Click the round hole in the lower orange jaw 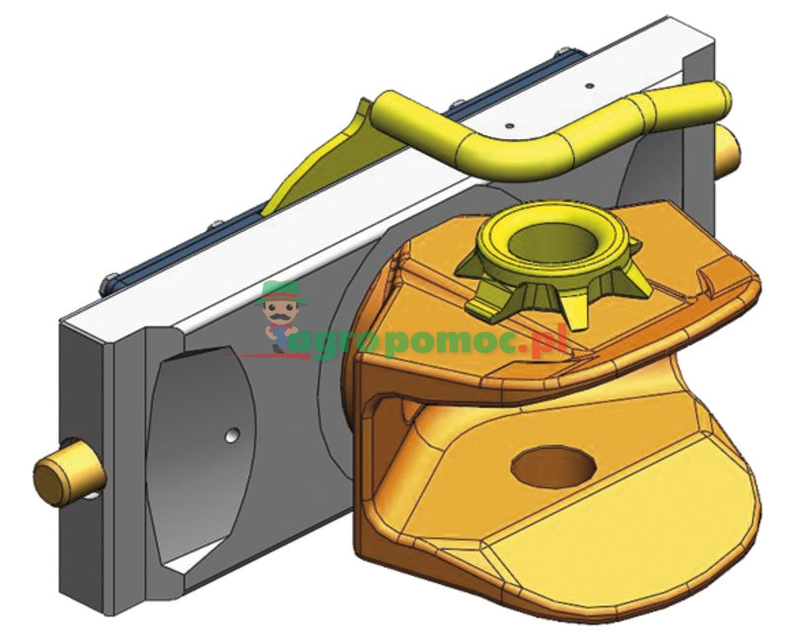[x=548, y=464]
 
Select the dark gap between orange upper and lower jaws [x=434, y=414]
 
